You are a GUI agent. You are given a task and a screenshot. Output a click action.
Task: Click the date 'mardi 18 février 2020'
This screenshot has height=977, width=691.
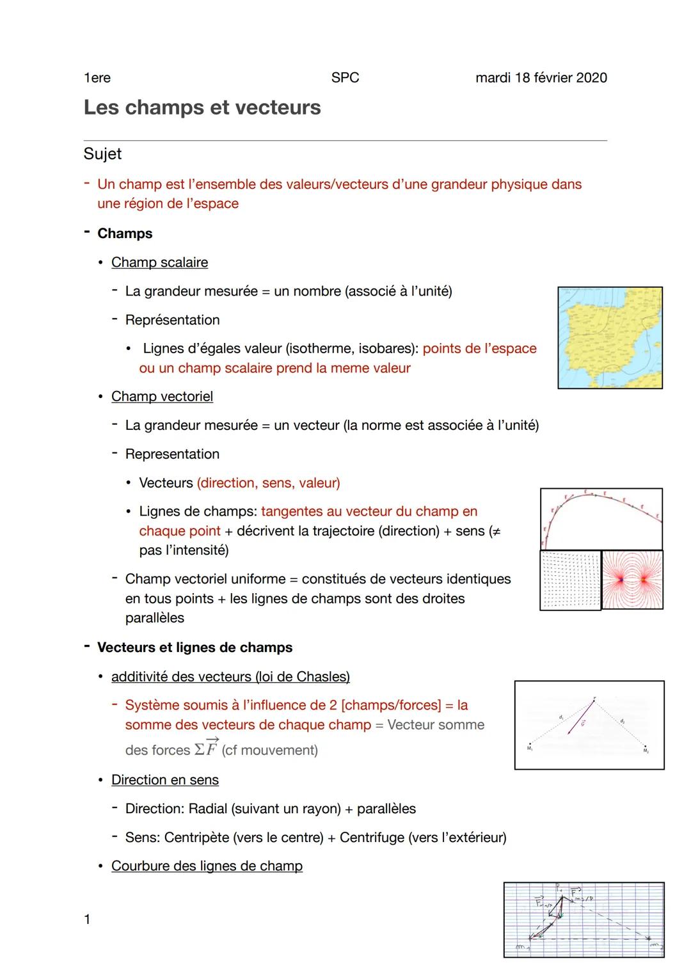tap(541, 78)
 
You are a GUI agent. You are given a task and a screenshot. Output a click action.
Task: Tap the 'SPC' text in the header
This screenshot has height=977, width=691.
tap(345, 78)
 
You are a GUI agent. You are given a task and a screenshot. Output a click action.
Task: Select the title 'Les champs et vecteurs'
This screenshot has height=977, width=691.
tap(202, 107)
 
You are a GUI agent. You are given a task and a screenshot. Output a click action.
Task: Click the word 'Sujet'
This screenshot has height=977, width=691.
tap(102, 154)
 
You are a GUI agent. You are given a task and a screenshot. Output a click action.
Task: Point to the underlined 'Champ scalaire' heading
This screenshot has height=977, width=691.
tap(159, 262)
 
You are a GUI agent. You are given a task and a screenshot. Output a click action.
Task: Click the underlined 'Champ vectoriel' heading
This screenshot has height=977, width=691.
tap(162, 397)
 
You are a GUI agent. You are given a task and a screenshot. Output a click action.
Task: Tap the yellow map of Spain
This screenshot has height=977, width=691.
tap(610, 338)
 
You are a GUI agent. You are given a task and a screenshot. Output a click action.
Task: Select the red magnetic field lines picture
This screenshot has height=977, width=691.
tap(632, 579)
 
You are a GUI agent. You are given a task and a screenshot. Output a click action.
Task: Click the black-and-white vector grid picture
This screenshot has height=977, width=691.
tap(570, 580)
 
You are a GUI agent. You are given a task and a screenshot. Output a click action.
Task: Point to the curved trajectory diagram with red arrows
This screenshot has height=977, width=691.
tap(601, 518)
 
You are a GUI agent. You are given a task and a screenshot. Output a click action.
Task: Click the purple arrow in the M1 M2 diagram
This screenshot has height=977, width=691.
tap(580, 720)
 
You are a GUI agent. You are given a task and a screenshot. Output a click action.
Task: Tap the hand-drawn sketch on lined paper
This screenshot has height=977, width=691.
tap(584, 919)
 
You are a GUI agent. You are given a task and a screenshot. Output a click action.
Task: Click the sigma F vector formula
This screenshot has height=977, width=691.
tap(207, 748)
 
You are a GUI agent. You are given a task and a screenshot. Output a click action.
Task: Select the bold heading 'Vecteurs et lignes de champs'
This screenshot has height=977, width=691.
tap(195, 647)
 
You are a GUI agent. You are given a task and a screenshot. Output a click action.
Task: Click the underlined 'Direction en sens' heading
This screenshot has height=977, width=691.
tap(165, 780)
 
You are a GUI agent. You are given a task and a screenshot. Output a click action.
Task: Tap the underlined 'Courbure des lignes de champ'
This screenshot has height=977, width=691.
tap(207, 866)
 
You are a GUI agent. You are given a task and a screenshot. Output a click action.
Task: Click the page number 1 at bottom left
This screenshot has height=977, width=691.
tap(88, 920)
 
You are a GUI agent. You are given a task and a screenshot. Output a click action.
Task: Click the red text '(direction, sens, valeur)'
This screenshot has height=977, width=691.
tap(269, 483)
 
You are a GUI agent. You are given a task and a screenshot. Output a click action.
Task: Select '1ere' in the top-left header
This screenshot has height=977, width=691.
tap(97, 78)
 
